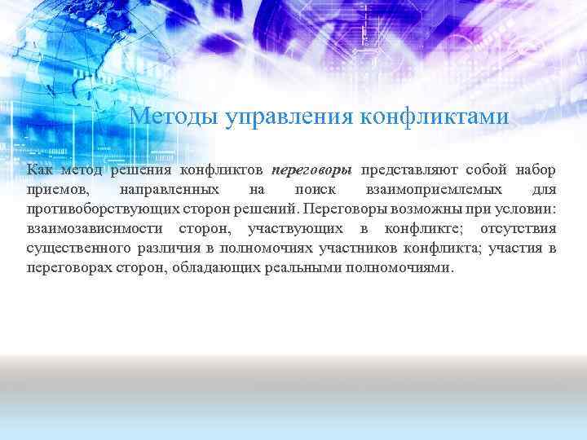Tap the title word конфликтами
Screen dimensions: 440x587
point(433,117)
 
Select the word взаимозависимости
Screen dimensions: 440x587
point(93,229)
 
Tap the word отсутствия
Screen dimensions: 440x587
point(519,229)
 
